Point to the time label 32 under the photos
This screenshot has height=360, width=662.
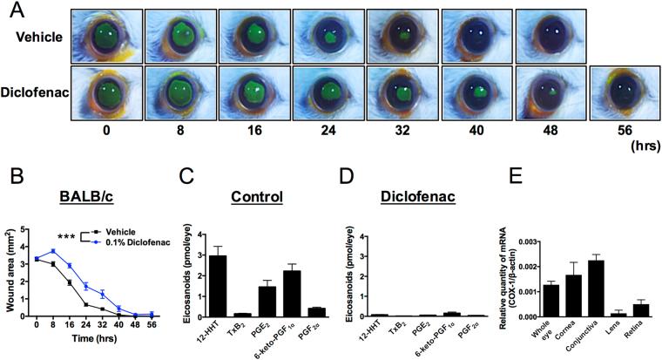(402, 139)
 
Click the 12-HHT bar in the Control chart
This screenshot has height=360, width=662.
(216, 285)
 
